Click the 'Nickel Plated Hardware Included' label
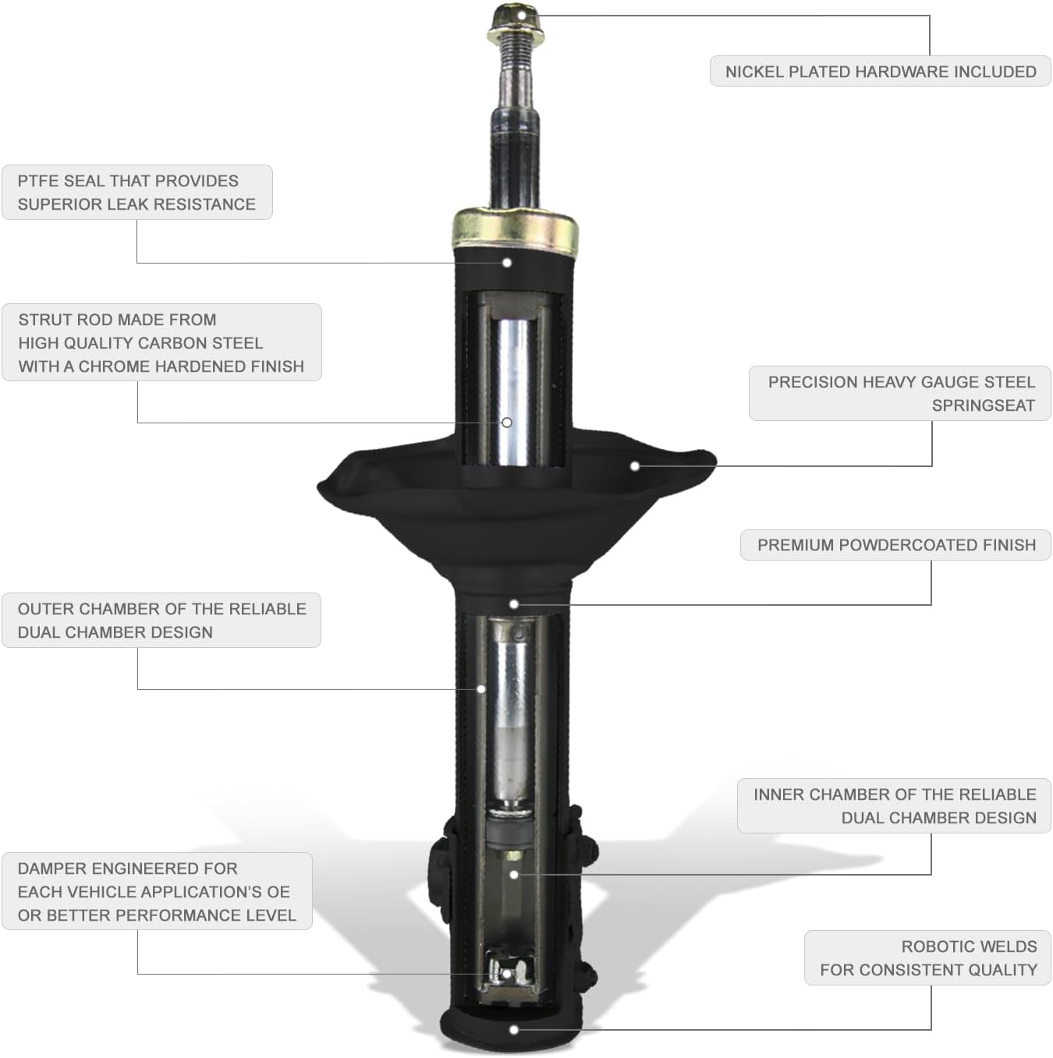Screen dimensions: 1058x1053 coord(880,72)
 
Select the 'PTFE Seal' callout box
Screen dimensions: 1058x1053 coord(137,193)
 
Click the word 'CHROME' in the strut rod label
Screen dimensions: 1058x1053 coord(119,366)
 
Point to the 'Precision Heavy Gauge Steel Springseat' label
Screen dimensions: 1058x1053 coord(900,394)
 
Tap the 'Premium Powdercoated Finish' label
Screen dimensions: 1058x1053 coord(895,545)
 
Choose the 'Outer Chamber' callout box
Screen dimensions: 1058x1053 coord(161,621)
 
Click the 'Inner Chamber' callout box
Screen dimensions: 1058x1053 coord(894,806)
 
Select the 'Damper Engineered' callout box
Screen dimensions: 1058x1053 coord(157,891)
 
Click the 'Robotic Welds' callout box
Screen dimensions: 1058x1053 coord(927,957)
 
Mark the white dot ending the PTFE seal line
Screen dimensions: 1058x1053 coord(507,263)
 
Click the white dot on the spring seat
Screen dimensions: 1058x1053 coord(635,465)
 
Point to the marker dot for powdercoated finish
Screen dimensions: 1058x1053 coord(514,604)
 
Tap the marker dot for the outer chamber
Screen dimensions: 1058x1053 coord(481,689)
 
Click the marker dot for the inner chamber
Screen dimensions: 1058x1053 coord(514,875)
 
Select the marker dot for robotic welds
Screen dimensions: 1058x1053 coord(514,1030)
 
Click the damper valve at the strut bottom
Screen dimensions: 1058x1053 coord(507,973)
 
